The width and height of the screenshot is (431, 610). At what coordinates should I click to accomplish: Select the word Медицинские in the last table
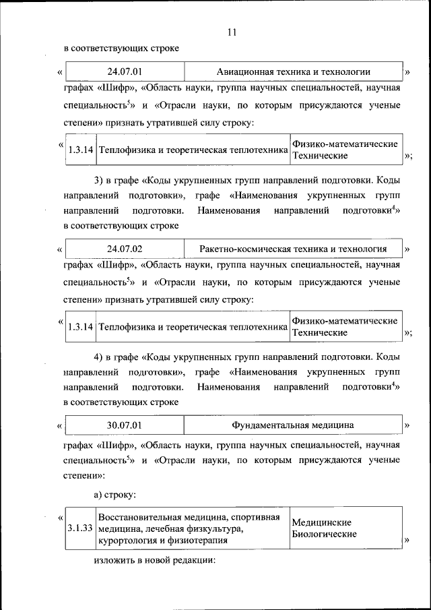pyautogui.click(x=322, y=522)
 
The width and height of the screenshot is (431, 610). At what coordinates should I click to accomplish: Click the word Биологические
pyautogui.click(x=324, y=534)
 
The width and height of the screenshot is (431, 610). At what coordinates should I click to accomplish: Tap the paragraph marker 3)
pyautogui.click(x=99, y=180)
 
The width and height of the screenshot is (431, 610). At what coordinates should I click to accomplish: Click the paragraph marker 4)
pyautogui.click(x=99, y=357)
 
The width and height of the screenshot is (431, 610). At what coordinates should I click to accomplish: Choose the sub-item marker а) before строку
pyautogui.click(x=99, y=494)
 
